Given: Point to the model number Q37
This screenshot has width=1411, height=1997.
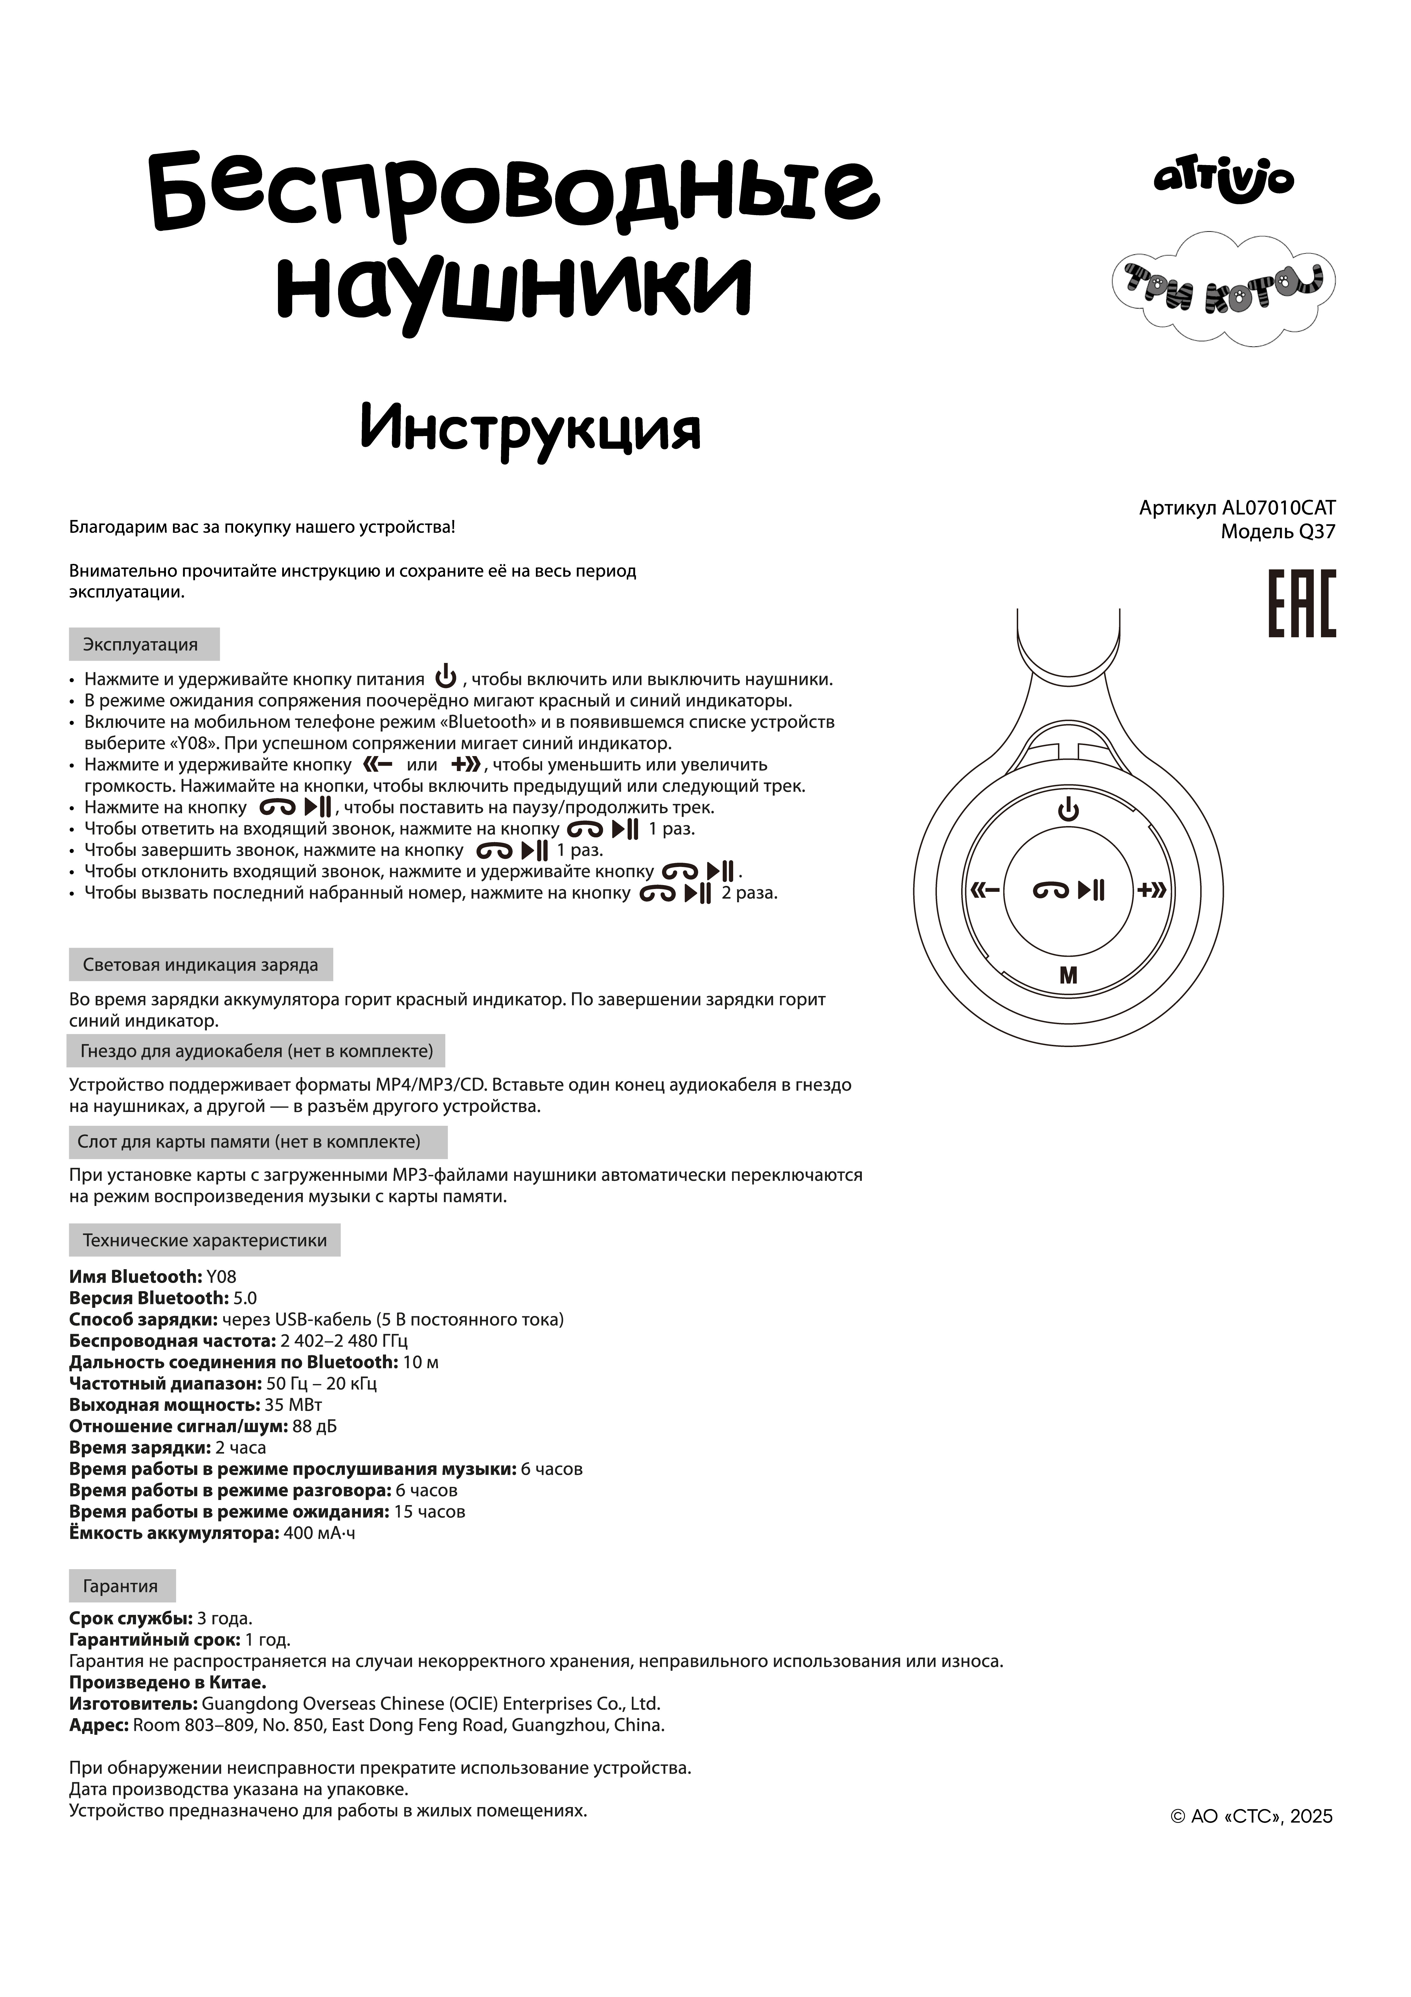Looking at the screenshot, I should pos(1316,531).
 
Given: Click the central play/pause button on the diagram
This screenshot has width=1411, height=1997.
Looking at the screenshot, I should pos(1068,890).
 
